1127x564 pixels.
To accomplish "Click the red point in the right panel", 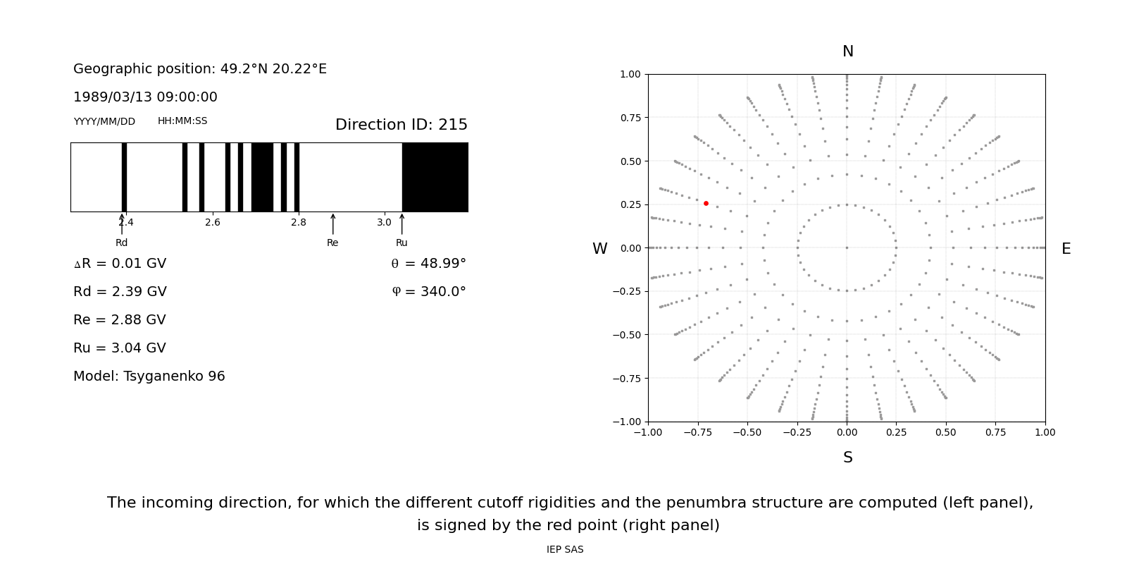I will click(706, 203).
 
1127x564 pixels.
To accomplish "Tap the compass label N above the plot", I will click(847, 51).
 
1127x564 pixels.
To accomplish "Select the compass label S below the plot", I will click(847, 458).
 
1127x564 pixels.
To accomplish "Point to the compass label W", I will click(599, 249).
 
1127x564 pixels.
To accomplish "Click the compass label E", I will click(1066, 249).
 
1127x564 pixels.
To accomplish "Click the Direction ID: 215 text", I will click(401, 125).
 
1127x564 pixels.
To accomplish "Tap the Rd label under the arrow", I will click(121, 243).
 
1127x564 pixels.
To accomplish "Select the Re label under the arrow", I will click(332, 243).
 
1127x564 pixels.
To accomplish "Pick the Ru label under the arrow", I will click(401, 243).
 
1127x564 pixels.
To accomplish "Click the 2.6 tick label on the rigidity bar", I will click(212, 222).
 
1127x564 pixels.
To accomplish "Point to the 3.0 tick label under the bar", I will click(384, 222).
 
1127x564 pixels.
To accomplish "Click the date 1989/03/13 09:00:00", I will click(145, 97).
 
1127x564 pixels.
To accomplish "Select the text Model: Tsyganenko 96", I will click(149, 376).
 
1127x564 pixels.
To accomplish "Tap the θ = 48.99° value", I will click(428, 264).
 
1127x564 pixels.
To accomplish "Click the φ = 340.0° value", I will click(428, 292).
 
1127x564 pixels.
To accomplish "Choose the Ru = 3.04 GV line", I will click(119, 348).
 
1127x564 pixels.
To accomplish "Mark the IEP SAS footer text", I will click(564, 549).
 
